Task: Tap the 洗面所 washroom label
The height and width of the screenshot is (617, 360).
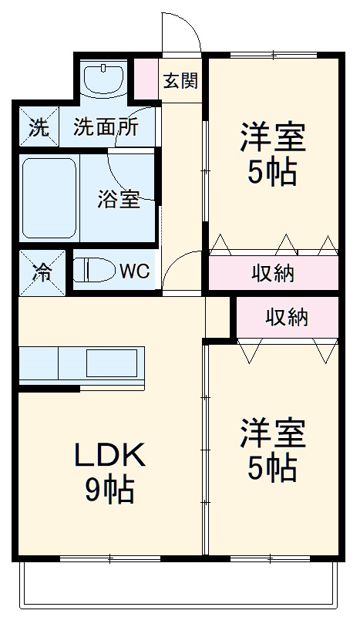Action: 106,126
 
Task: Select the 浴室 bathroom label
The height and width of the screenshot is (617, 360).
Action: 119,199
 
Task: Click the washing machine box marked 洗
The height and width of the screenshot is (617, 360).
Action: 38,127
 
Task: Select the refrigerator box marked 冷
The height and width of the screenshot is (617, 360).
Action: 38,271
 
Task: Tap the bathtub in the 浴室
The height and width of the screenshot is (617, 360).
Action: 48,200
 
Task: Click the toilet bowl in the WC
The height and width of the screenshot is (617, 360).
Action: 91,271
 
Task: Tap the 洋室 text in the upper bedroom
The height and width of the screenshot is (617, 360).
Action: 272,139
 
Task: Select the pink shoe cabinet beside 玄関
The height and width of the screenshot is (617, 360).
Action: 145,76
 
